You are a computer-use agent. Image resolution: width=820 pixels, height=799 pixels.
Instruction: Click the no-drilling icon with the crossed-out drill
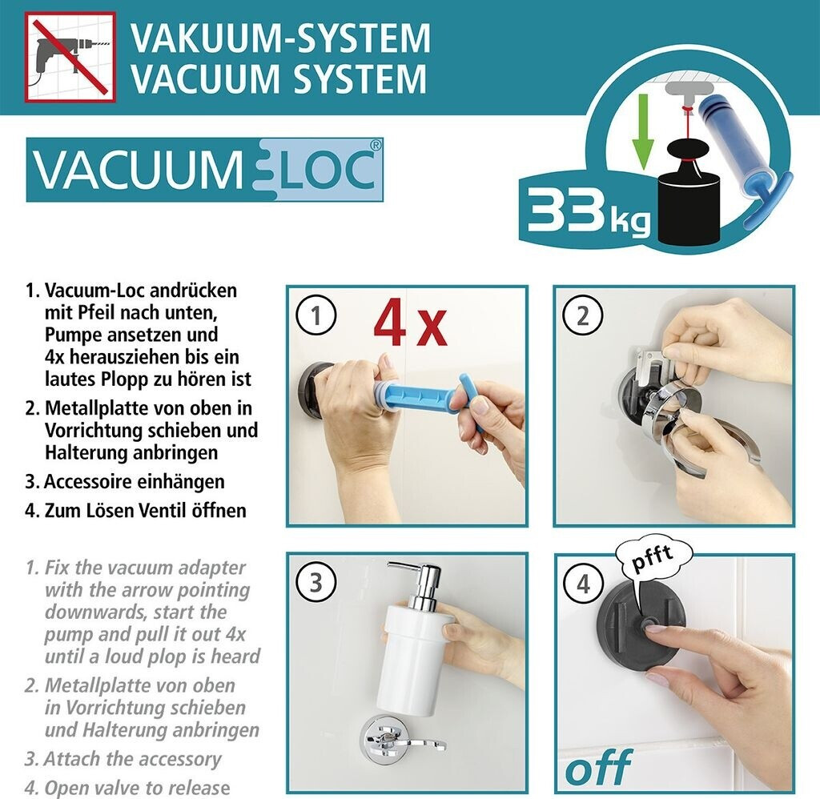click(x=70, y=57)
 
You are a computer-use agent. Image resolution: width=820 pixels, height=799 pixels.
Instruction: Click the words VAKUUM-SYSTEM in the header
click(x=280, y=38)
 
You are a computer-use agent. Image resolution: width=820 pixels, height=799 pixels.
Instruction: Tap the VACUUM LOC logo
click(x=204, y=170)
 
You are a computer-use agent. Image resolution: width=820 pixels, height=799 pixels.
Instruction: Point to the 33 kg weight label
click(x=589, y=212)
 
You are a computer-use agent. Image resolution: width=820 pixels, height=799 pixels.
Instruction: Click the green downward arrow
click(x=643, y=131)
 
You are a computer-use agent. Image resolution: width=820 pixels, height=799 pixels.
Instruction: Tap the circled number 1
click(x=316, y=315)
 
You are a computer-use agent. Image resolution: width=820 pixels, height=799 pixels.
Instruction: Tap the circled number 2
click(x=583, y=315)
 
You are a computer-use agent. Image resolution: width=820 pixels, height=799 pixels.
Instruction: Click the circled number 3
click(x=316, y=582)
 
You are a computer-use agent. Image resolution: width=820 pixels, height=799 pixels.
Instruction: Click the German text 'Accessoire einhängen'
click(x=135, y=482)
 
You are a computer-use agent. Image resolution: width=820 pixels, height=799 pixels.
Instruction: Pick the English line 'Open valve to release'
click(x=138, y=788)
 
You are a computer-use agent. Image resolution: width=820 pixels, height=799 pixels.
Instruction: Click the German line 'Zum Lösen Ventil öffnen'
click(x=146, y=510)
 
